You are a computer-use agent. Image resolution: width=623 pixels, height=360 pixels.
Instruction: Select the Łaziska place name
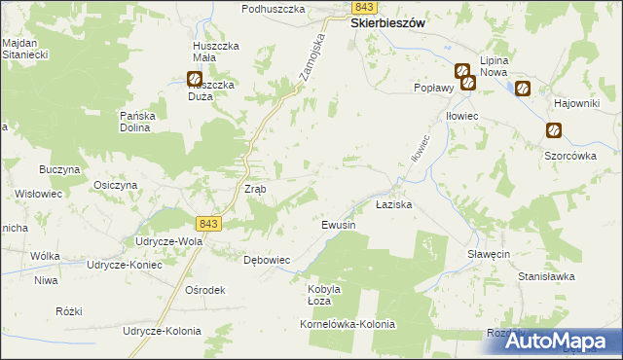coord(395,206)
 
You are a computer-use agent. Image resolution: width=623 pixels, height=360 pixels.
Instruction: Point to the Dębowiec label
coord(266,260)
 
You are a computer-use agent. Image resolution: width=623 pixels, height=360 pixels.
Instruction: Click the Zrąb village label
coord(255,189)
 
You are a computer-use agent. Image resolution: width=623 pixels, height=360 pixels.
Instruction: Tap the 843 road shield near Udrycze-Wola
coord(208,224)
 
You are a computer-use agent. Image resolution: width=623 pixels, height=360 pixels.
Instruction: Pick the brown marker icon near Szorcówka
coord(553,130)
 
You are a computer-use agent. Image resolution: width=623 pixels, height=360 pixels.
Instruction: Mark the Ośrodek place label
coord(204,290)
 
